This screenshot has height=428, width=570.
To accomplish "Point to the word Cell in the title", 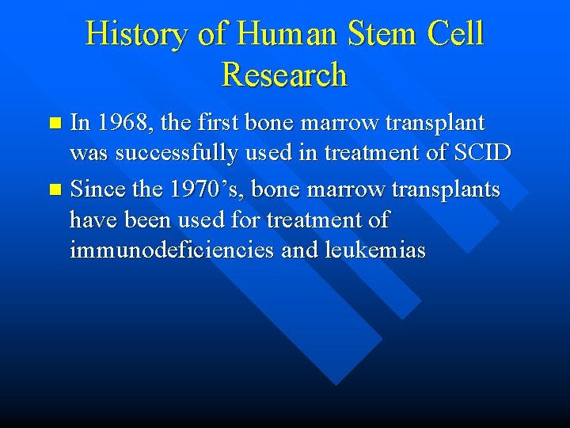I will pos(455,34).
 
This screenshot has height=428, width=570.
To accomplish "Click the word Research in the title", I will pos(285,75).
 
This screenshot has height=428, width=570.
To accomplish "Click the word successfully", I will pos(179,153).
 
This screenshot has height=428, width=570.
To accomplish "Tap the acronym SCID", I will pos(483,153).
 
